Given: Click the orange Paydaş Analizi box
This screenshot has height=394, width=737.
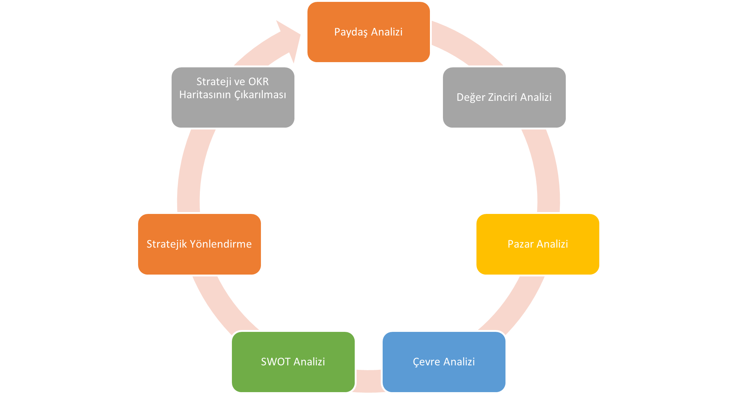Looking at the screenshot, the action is pyautogui.click(x=368, y=32).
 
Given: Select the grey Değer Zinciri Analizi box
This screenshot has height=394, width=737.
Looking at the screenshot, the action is pyautogui.click(x=504, y=97).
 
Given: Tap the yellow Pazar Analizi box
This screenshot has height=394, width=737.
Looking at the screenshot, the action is pyautogui.click(x=538, y=244).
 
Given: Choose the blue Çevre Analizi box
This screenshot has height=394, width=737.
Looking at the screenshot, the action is pyautogui.click(x=444, y=362).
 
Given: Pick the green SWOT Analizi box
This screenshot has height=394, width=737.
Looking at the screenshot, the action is pyautogui.click(x=293, y=362).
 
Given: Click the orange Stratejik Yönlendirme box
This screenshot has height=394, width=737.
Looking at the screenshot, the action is pyautogui.click(x=200, y=244).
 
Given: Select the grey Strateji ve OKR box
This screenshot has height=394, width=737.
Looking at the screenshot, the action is pyautogui.click(x=233, y=97).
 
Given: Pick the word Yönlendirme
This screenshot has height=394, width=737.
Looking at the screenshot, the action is pyautogui.click(x=221, y=244).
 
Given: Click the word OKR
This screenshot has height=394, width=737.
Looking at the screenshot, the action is pyautogui.click(x=258, y=81).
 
